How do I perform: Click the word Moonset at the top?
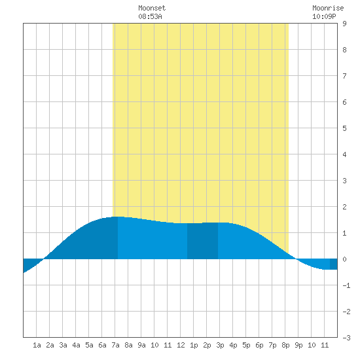152,8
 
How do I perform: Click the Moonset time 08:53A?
150,16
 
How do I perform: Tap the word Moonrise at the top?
328,8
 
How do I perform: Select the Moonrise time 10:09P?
324,16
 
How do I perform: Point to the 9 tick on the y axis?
344,24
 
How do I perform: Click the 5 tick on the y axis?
344,128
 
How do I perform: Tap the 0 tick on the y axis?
344,259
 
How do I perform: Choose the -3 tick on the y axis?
346,338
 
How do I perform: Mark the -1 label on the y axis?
346,285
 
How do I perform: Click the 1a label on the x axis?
37,345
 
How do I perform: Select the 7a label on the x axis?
115,345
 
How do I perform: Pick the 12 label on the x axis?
181,345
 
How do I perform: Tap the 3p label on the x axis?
220,345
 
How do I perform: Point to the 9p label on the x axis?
298,345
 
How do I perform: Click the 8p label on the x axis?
285,345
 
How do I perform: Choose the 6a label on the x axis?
102,345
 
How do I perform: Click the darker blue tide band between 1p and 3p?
202,241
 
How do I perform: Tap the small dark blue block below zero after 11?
334,264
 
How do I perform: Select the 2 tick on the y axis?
344,207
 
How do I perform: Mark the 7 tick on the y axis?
344,76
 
